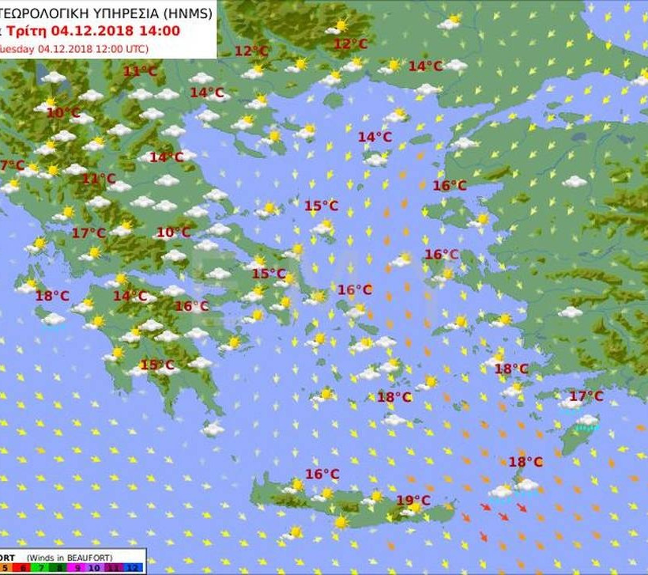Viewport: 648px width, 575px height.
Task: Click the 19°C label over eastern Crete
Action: coord(413,501)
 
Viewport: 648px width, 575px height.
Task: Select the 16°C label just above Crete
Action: coord(322,475)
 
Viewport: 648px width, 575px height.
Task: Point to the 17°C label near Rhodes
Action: coord(586,396)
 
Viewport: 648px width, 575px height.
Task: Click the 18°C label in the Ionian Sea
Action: coord(52,296)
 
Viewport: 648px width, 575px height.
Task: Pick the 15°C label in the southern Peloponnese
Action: coord(156,365)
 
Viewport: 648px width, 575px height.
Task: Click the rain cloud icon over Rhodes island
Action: coord(586,423)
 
